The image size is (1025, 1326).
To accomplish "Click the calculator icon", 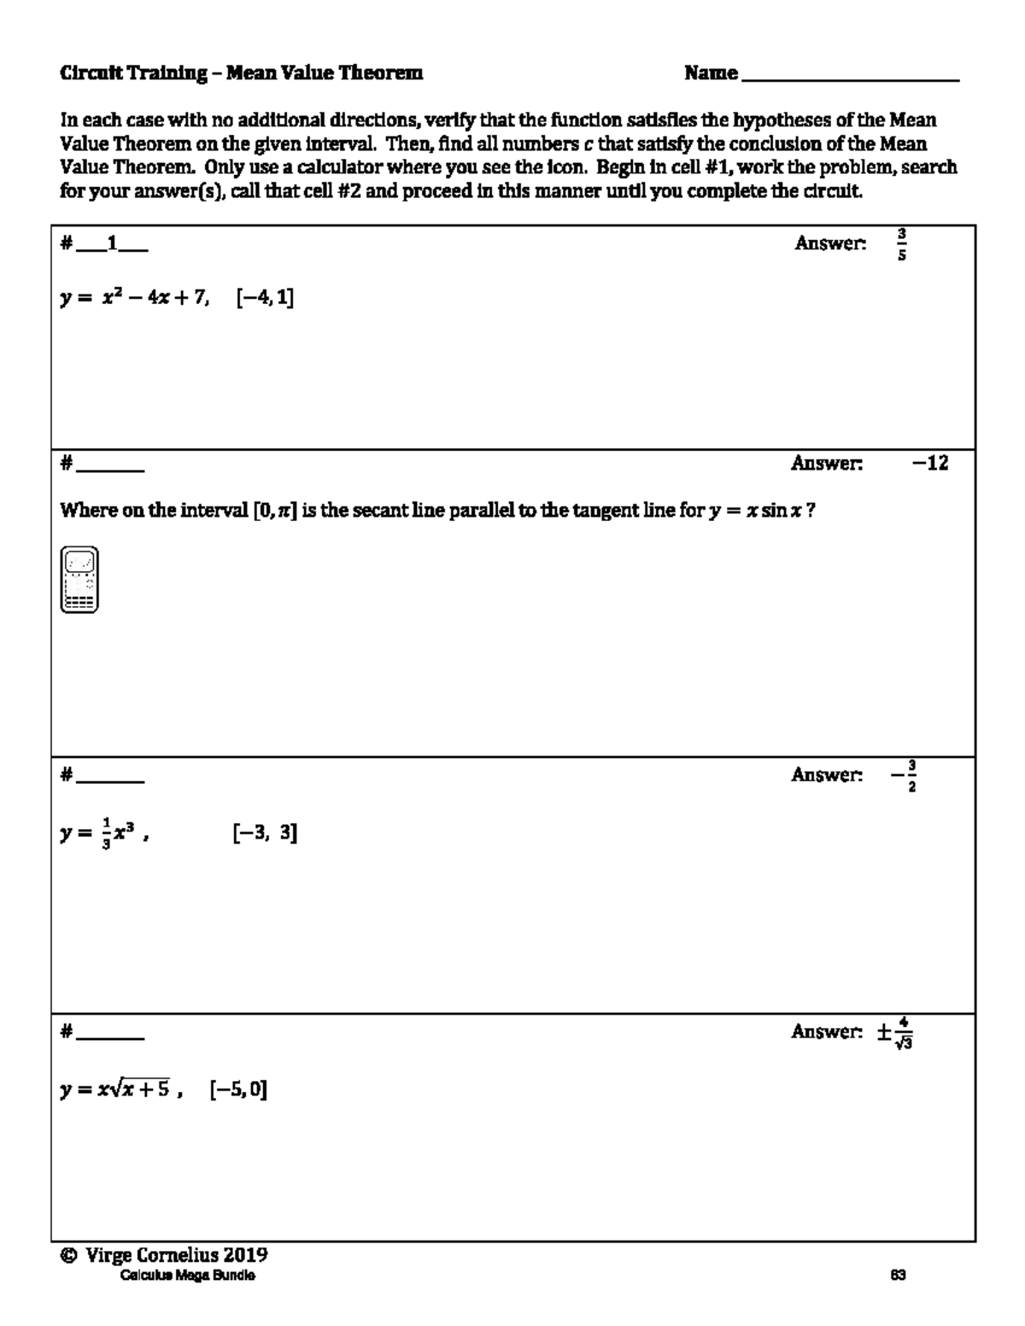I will [x=79, y=580].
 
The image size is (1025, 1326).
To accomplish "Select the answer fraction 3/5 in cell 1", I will [x=902, y=244].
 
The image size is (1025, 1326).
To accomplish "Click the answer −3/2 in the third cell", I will [x=904, y=775].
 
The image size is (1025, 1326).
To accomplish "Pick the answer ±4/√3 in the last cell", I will [x=895, y=1032].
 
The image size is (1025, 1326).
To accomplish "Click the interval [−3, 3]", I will [x=265, y=833].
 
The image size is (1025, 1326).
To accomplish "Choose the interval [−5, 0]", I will [x=238, y=1089].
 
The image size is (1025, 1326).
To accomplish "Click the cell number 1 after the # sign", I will [x=111, y=244].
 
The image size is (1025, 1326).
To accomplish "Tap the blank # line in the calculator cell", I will [x=109, y=468].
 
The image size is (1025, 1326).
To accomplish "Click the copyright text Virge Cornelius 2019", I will [x=164, y=1255].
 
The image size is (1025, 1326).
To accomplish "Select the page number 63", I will [x=898, y=1276].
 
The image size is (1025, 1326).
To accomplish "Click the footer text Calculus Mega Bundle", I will [x=187, y=1276].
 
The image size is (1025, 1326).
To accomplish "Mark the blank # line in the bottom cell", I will [x=109, y=1036].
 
